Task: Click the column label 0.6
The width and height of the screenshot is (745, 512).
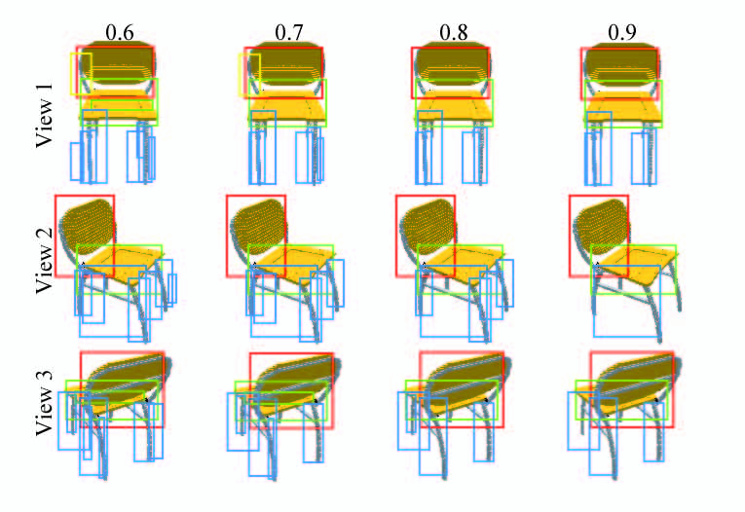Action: point(119,33)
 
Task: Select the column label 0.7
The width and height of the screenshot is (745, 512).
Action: point(288,33)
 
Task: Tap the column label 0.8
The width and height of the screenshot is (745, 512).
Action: point(453,33)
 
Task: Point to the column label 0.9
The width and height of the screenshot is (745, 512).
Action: point(622,33)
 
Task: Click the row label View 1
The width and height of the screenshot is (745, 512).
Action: point(44,115)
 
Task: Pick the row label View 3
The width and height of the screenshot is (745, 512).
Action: point(44,403)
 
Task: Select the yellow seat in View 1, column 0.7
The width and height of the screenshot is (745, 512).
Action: point(287,108)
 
